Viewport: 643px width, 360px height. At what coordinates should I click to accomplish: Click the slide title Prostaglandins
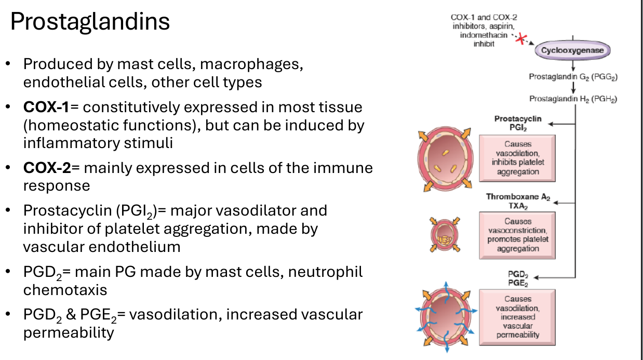pos(90,21)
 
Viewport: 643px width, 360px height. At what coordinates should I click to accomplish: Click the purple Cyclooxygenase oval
pos(572,50)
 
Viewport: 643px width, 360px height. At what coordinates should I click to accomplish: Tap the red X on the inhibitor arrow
pos(521,39)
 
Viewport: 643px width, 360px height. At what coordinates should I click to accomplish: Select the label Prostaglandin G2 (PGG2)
pos(573,77)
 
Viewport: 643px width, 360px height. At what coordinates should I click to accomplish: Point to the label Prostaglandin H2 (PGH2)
pos(573,99)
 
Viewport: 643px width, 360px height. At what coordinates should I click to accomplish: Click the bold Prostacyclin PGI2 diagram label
pos(518,123)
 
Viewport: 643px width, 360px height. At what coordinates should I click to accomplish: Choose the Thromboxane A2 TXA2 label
pos(518,201)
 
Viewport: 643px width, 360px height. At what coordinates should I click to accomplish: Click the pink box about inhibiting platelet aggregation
pos(517,158)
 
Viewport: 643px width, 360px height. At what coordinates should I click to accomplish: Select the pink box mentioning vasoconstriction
pos(517,235)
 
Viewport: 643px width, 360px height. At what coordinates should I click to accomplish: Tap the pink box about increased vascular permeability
pos(517,317)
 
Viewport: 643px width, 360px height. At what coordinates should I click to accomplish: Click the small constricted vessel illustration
pos(445,235)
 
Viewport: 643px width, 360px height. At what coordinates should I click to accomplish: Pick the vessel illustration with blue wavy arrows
pos(446,317)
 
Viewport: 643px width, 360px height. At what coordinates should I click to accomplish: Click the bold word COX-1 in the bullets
pos(46,107)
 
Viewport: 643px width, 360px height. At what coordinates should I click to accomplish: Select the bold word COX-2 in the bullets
pos(47,168)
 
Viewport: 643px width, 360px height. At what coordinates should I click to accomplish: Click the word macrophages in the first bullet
pos(251,64)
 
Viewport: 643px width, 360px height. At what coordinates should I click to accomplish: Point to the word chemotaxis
pos(65,290)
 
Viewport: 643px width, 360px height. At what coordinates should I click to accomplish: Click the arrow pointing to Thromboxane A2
pos(565,203)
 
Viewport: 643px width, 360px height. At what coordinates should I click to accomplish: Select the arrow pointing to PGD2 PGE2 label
pos(555,277)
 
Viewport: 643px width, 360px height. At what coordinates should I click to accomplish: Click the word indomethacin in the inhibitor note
pos(484,35)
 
